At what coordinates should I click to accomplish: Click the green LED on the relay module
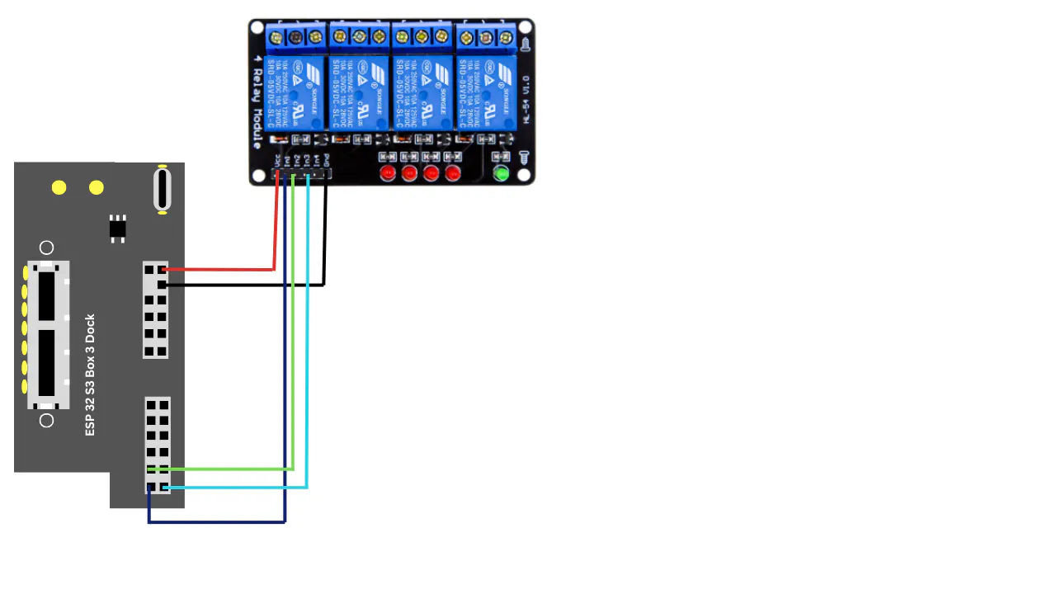point(501,173)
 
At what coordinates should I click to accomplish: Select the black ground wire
point(247,285)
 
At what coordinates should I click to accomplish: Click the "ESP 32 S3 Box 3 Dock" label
point(91,375)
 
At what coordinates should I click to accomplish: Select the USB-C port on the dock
point(163,189)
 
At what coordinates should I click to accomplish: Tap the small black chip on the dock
point(118,227)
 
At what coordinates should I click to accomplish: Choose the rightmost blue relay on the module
point(487,91)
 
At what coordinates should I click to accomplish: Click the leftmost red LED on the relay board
point(387,173)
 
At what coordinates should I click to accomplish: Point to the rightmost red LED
point(452,173)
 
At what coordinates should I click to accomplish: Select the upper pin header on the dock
point(155,309)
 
